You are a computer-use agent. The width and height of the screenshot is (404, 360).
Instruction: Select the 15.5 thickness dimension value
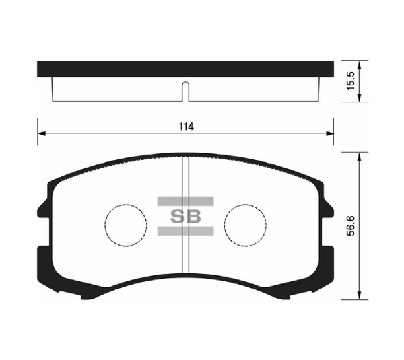pos(370,81)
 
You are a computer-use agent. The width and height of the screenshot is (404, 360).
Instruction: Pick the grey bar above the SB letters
pos(185,201)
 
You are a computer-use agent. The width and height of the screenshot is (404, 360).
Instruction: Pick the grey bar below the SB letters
pos(185,231)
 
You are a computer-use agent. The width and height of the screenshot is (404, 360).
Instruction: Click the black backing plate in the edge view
pos(185,68)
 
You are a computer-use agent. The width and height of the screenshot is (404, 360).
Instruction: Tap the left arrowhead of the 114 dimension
pos(41,133)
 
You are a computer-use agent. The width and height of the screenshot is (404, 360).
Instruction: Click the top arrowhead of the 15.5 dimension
pos(360,65)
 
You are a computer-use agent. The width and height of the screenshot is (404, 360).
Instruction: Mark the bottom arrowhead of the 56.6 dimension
pos(360,295)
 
